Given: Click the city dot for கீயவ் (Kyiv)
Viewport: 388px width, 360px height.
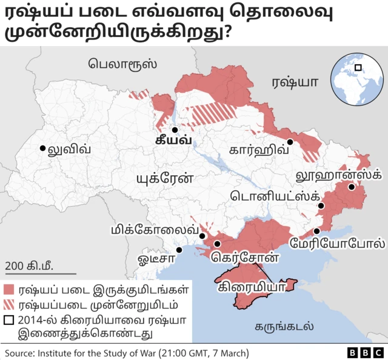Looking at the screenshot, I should click(x=175, y=129).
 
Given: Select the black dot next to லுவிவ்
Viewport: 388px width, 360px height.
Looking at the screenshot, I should click(x=42, y=148).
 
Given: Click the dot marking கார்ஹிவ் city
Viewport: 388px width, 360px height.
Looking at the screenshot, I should click(x=290, y=142).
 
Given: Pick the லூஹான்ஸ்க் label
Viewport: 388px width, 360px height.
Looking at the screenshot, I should click(x=337, y=176).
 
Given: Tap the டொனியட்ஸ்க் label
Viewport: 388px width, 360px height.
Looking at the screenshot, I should click(x=275, y=196).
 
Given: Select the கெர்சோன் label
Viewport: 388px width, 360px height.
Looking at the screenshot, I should click(x=245, y=257).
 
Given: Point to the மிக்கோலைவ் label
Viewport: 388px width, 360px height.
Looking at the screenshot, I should click(x=155, y=230).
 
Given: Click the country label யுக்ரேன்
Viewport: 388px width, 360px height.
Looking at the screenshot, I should click(x=164, y=179).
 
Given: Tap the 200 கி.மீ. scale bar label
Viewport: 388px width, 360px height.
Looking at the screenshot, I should click(x=28, y=265).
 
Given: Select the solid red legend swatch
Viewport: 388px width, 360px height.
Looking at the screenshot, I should click(x=9, y=290).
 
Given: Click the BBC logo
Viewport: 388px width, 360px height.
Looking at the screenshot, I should click(x=363, y=352).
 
